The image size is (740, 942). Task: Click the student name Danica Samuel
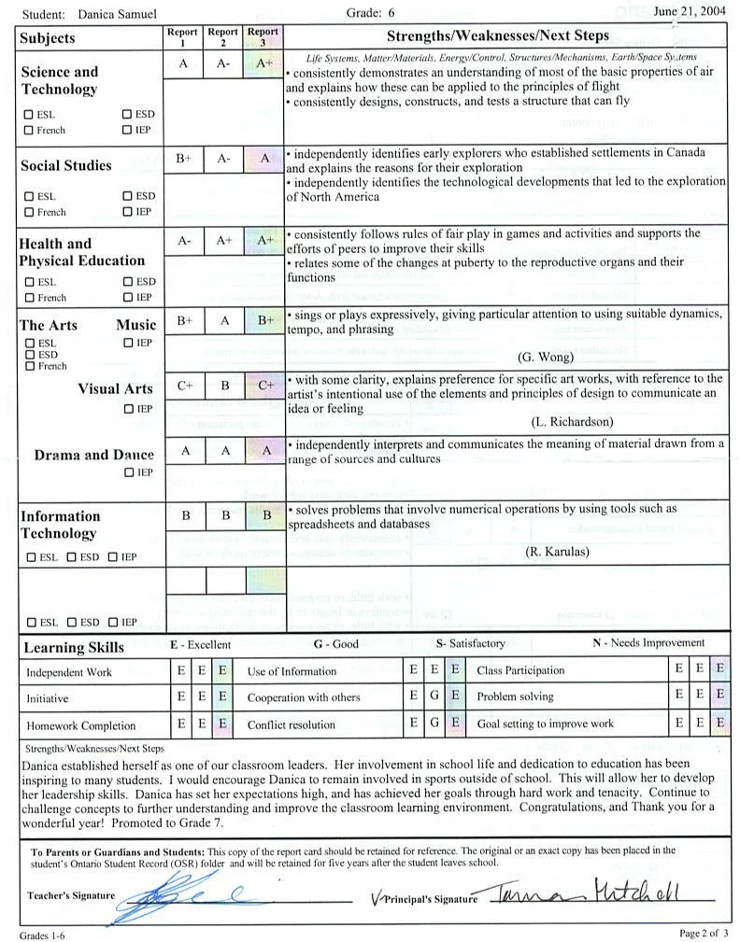pyautogui.click(x=118, y=13)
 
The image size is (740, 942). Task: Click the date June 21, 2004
pyautogui.click(x=690, y=11)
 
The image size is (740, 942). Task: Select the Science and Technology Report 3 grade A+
pyautogui.click(x=264, y=64)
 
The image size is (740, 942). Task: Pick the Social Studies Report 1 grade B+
pyautogui.click(x=184, y=159)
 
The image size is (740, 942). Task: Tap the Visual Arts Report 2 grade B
pyautogui.click(x=224, y=385)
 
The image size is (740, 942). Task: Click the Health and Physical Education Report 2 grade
pyautogui.click(x=224, y=240)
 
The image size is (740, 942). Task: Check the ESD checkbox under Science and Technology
pyautogui.click(x=127, y=115)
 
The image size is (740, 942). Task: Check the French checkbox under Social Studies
pyautogui.click(x=29, y=212)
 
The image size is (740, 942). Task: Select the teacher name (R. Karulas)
pyautogui.click(x=557, y=551)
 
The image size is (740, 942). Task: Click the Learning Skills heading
pyautogui.click(x=74, y=647)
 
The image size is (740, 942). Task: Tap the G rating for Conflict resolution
pyautogui.click(x=434, y=724)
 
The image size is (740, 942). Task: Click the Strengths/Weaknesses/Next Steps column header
pyautogui.click(x=498, y=35)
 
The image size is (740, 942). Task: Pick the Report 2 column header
pyautogui.click(x=223, y=36)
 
